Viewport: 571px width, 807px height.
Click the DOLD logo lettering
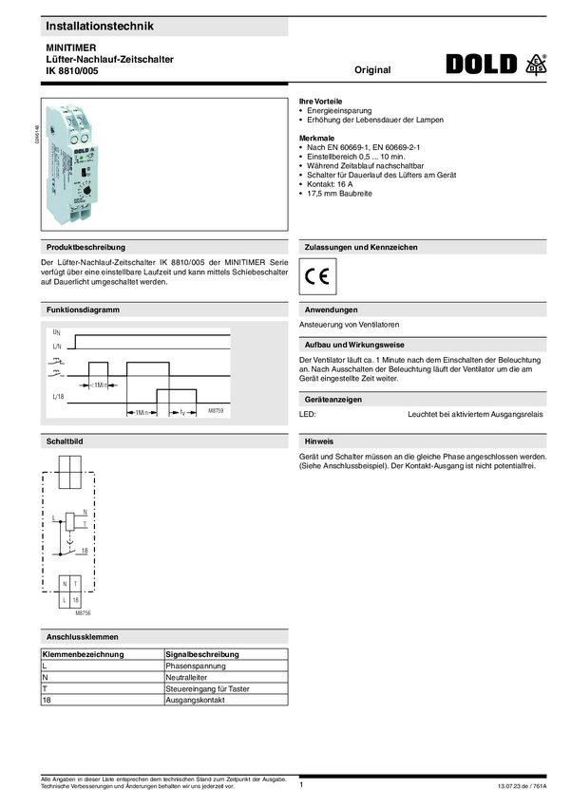[482, 64]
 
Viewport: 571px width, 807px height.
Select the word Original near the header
[372, 70]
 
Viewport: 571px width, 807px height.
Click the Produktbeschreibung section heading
[86, 247]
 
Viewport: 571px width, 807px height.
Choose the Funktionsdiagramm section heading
[83, 310]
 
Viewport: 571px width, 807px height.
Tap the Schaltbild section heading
[65, 442]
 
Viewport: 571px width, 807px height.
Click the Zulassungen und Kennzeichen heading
[359, 247]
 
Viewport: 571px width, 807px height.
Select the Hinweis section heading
[318, 442]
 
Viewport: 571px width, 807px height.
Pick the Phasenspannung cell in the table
[191, 667]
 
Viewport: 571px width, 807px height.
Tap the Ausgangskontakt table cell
[194, 700]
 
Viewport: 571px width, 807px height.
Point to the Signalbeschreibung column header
[202, 655]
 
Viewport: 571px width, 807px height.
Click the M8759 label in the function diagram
[216, 412]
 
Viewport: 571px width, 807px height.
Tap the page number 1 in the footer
[301, 785]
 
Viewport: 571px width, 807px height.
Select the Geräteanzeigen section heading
[331, 401]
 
